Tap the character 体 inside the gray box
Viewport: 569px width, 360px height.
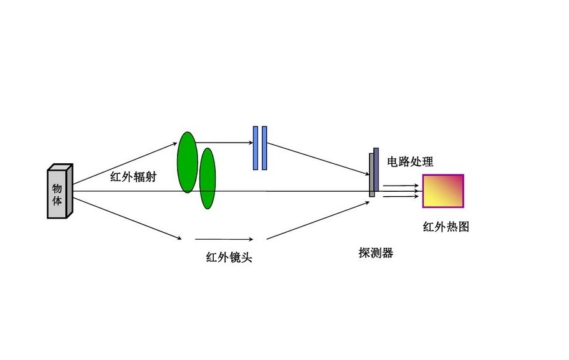point(57,202)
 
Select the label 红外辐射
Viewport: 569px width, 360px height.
point(133,177)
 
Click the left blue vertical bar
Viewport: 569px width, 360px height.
point(256,148)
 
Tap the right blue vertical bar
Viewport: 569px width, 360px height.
point(264,148)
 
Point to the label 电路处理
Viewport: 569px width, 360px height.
point(410,162)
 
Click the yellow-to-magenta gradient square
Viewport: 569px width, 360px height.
point(443,191)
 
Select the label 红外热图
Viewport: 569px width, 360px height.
point(446,227)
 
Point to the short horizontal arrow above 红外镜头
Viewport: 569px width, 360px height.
point(224,239)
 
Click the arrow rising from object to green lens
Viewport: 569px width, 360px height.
point(125,163)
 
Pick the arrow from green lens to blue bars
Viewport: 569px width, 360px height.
point(224,142)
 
